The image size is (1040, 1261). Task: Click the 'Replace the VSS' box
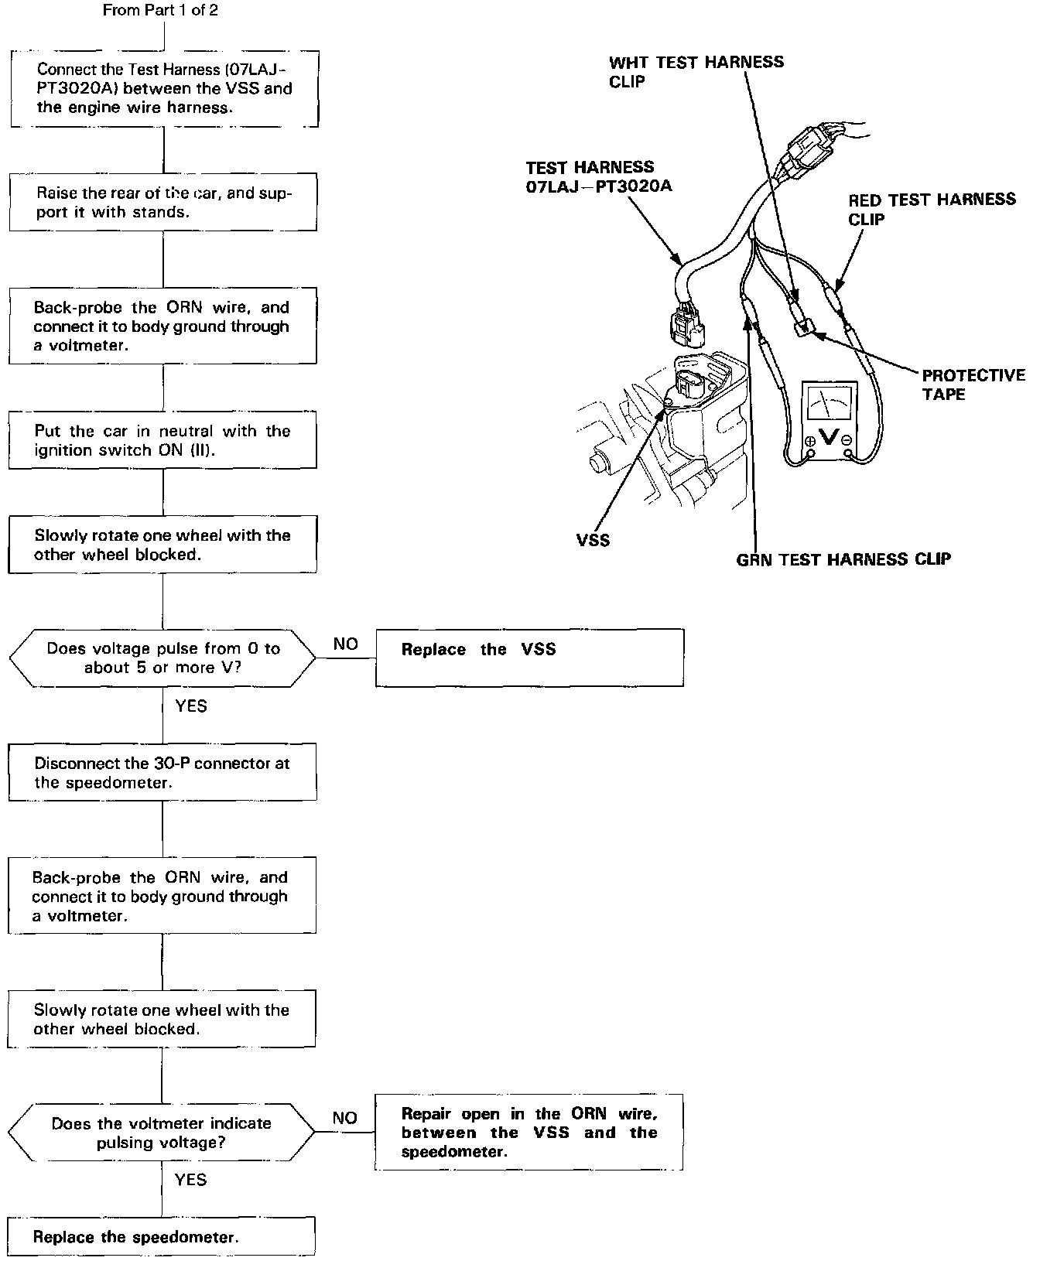(x=529, y=657)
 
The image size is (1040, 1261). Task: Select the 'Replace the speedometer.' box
(x=162, y=1236)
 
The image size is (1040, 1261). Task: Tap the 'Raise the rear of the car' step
(x=162, y=202)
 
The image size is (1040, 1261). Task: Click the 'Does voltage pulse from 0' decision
(x=162, y=658)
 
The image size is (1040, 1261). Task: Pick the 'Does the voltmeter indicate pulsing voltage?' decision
(x=161, y=1132)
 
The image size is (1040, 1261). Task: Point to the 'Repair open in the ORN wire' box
(x=529, y=1132)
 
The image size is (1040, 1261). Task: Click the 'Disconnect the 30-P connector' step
(x=162, y=772)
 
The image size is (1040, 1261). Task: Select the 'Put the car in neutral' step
(x=162, y=440)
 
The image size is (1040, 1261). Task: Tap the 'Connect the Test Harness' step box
(x=164, y=88)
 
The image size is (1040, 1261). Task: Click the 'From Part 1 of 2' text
(x=166, y=11)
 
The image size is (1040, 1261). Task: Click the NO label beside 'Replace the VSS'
(x=345, y=644)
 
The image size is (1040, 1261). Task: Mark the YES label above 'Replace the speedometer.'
(x=190, y=1179)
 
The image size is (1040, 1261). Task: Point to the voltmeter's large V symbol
(x=828, y=436)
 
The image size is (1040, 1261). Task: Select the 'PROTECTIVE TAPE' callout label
(x=973, y=384)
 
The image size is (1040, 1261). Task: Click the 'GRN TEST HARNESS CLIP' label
(x=843, y=559)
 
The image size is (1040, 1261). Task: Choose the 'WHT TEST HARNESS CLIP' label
(x=696, y=71)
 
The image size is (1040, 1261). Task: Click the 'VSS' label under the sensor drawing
(x=593, y=540)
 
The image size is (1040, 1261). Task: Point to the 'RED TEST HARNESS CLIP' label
(x=931, y=209)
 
